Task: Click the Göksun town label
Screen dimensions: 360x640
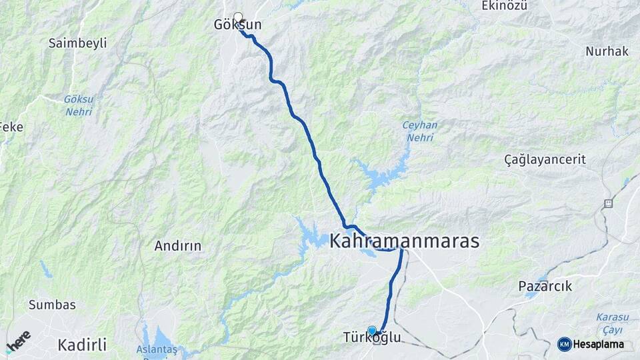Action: [x=237, y=25]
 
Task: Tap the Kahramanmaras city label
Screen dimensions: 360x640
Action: [x=404, y=241]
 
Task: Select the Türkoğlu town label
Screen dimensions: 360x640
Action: [x=372, y=338]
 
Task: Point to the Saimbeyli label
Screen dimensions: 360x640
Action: [x=77, y=43]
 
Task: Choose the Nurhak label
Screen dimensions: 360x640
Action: [x=607, y=51]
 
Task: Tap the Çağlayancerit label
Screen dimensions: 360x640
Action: [x=545, y=159]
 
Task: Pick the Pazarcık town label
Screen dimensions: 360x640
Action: [x=545, y=286]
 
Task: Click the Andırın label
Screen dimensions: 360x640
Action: [x=177, y=246]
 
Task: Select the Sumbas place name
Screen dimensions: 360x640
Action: [x=52, y=305]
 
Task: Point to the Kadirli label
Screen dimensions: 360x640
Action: [x=82, y=345]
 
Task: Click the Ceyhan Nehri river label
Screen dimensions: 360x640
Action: [x=419, y=131]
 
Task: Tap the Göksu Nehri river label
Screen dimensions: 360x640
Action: [x=79, y=105]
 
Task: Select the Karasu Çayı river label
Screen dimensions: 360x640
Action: [x=609, y=323]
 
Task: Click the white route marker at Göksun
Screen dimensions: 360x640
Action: [x=238, y=16]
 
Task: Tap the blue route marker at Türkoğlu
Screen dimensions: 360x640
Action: [x=372, y=330]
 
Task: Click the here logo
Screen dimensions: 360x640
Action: [x=18, y=341]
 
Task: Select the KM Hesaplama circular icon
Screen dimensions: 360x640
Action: [x=564, y=344]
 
